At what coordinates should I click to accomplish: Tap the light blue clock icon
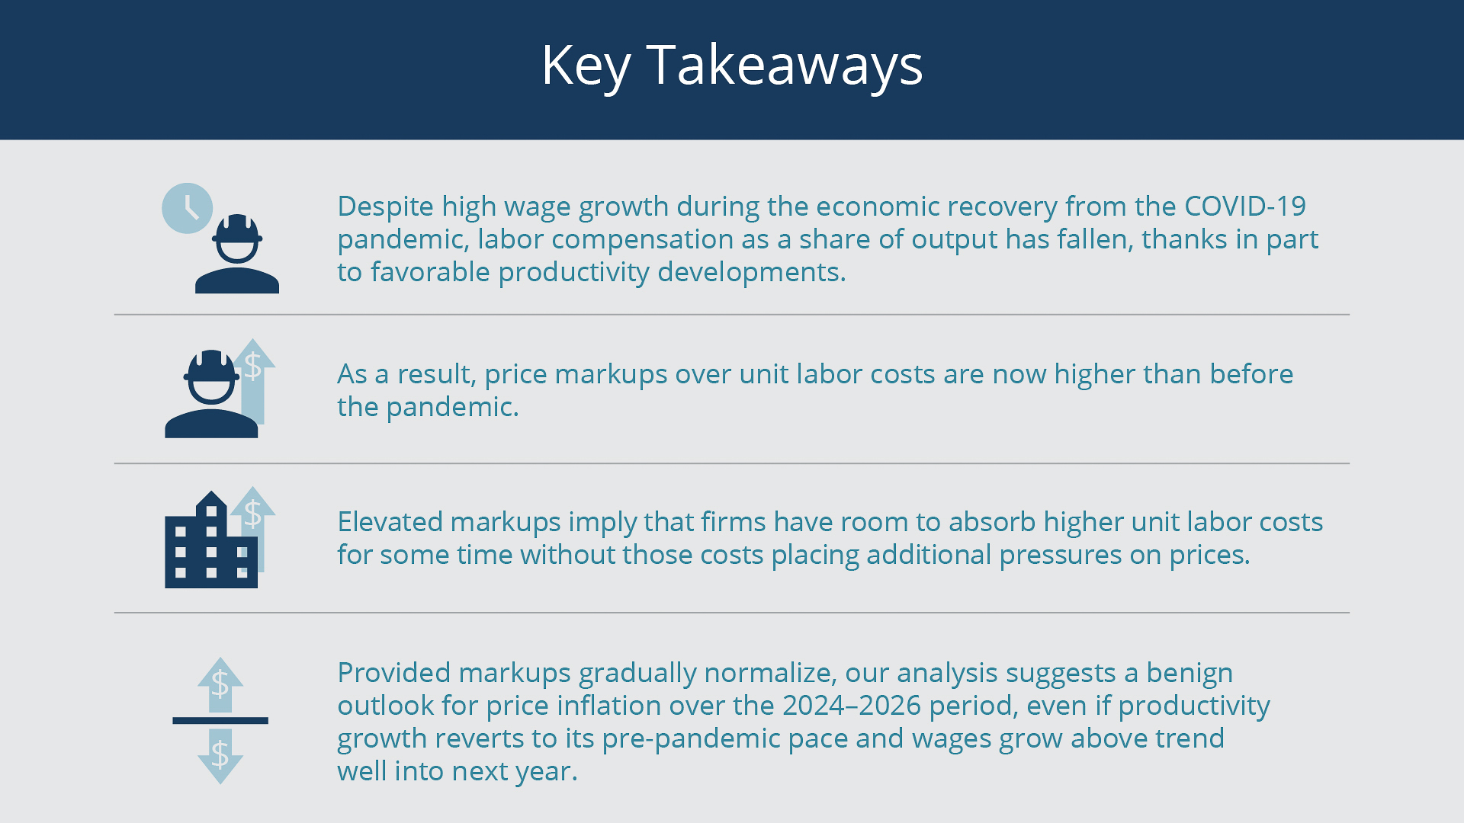click(x=187, y=208)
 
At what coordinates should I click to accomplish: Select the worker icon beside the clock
click(x=237, y=254)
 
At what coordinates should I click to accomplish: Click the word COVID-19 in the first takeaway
click(x=1245, y=207)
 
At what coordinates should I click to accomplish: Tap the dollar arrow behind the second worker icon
click(x=252, y=381)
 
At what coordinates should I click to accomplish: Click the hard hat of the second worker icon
click(x=211, y=366)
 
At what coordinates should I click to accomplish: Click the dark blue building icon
click(x=211, y=540)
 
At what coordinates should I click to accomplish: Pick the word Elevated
click(x=390, y=522)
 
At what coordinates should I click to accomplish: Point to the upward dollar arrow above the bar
click(x=220, y=684)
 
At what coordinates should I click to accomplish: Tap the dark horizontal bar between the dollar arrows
click(x=220, y=720)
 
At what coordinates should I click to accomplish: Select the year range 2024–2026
click(x=852, y=706)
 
